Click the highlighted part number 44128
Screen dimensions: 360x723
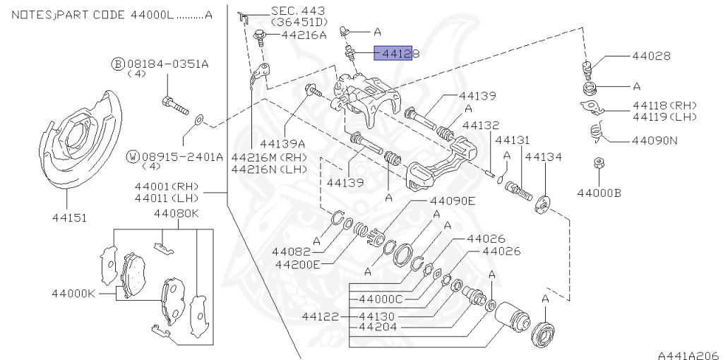[396, 53]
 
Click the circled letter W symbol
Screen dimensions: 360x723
[112, 156]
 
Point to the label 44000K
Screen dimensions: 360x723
[73, 292]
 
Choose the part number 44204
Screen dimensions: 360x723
[378, 327]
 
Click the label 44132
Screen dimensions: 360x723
[481, 125]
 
